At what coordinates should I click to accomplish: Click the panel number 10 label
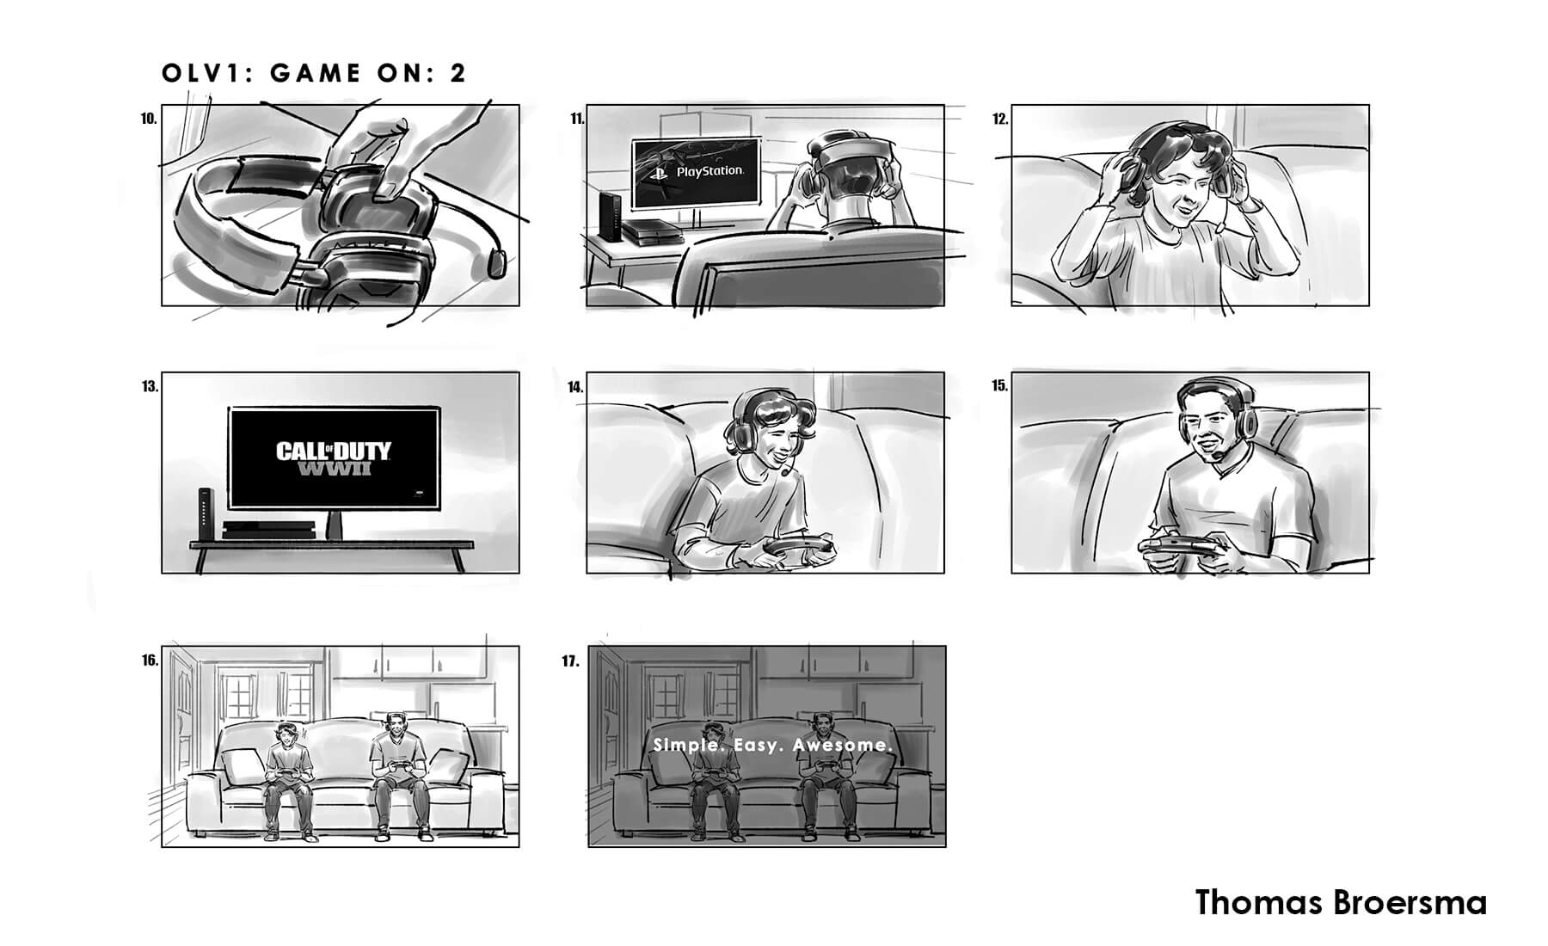[149, 120]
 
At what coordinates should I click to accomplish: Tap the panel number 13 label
[150, 387]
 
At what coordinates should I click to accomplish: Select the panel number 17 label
[570, 661]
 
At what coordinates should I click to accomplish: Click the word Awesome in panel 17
[842, 745]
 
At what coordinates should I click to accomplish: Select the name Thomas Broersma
[1341, 903]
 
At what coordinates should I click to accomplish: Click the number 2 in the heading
[458, 73]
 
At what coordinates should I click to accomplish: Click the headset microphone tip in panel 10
[498, 262]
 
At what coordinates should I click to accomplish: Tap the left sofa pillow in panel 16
[243, 766]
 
